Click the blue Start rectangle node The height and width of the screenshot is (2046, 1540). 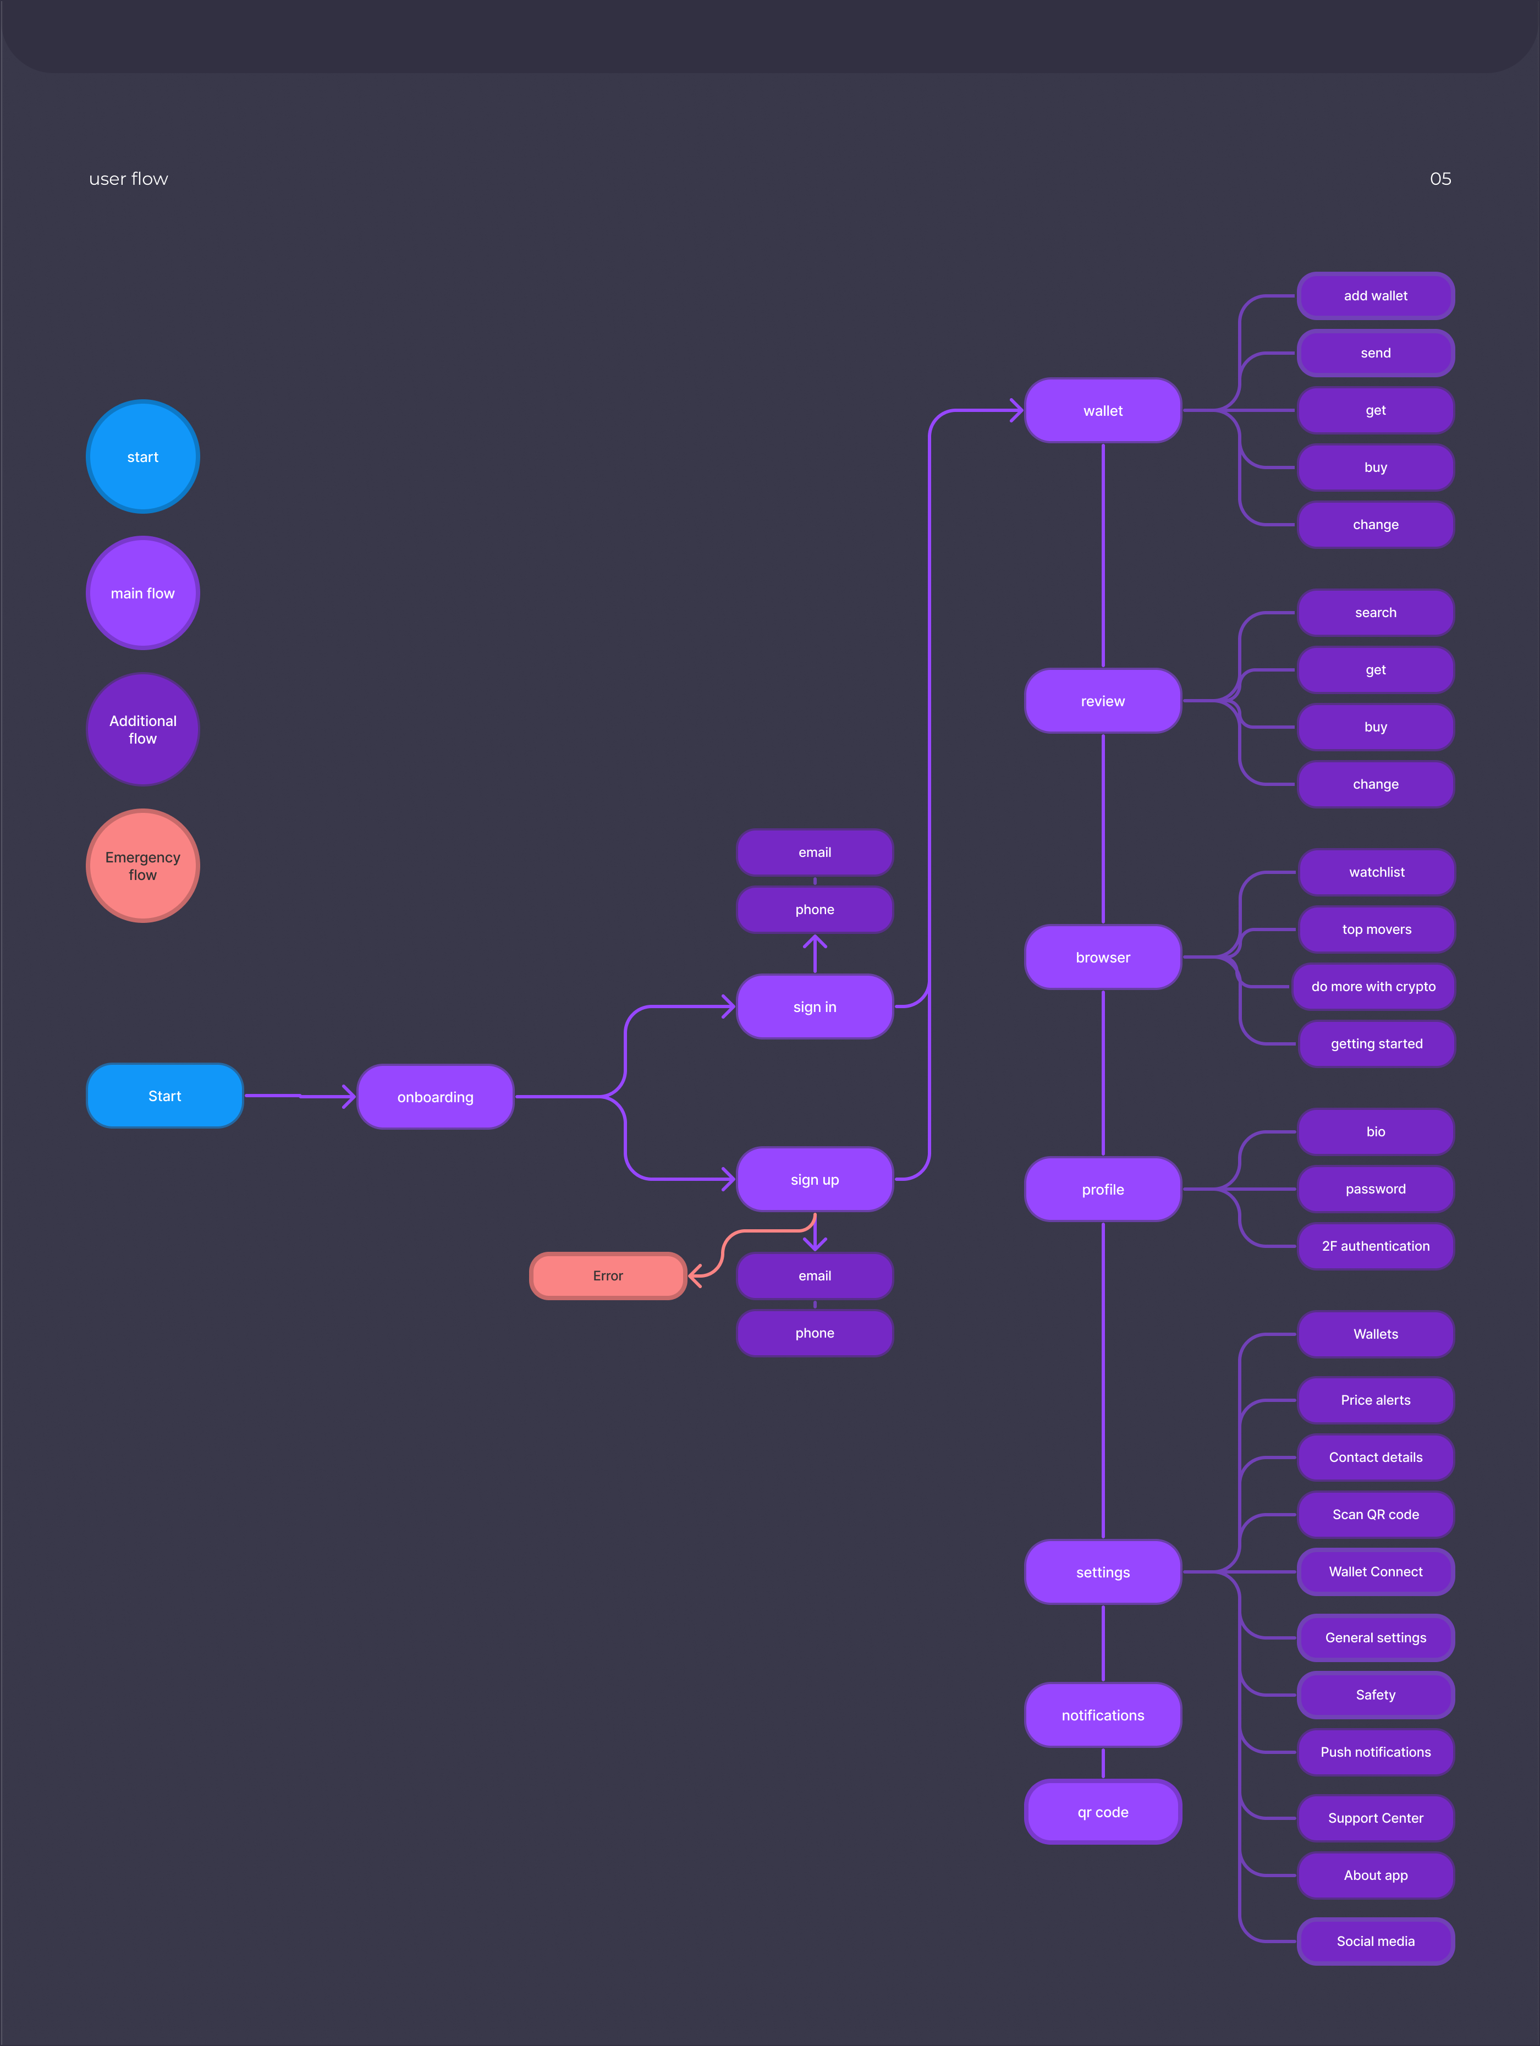point(164,1096)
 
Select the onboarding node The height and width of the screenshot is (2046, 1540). point(435,1097)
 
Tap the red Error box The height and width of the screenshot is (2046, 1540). point(608,1275)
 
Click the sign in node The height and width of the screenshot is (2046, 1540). point(814,1007)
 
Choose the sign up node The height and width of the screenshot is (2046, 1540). point(814,1179)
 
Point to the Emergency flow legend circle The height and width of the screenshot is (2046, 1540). point(142,866)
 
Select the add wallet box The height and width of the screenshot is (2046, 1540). point(1376,296)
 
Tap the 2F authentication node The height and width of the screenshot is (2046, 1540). point(1376,1246)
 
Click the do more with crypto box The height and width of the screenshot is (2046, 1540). point(1373,986)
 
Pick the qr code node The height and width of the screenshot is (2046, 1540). point(1103,1812)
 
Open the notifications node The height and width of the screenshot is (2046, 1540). point(1103,1715)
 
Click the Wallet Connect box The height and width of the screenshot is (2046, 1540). point(1376,1571)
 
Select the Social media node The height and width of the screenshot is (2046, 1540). point(1376,1940)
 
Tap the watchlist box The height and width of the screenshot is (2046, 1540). point(1376,872)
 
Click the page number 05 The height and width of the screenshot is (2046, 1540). point(1440,179)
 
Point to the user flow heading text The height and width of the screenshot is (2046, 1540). point(129,179)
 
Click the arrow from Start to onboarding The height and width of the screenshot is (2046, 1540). point(301,1096)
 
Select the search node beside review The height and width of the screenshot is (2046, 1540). point(1376,612)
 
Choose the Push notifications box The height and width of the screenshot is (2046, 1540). point(1376,1752)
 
